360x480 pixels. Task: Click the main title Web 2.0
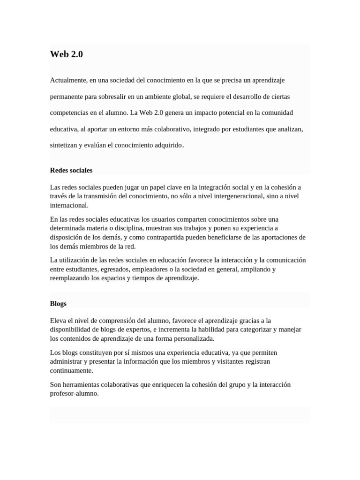(66, 54)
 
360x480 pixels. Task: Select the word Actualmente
(67, 80)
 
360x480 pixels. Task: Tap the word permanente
(66, 97)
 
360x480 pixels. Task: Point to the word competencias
(68, 112)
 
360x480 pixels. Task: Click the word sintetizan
(63, 145)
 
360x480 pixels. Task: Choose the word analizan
(290, 129)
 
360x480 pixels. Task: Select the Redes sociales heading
(71, 170)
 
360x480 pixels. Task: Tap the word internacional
(68, 205)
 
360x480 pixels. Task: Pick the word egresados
(113, 269)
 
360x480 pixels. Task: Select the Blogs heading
(58, 304)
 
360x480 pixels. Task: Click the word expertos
(139, 330)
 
